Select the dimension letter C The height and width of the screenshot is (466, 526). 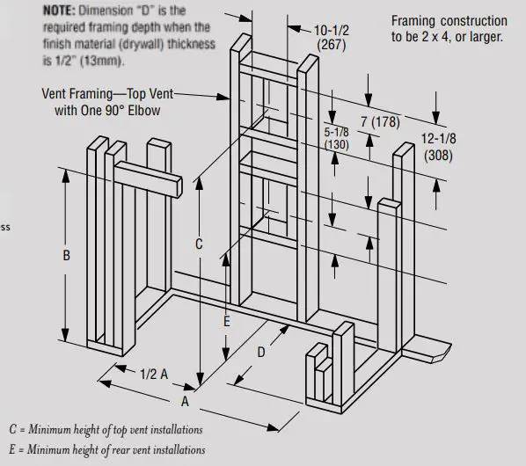click(x=199, y=244)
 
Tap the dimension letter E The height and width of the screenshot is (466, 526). click(x=226, y=322)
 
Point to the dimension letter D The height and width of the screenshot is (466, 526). click(x=260, y=353)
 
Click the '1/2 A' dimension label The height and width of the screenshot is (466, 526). click(x=153, y=373)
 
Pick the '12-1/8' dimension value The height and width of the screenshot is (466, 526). click(x=438, y=140)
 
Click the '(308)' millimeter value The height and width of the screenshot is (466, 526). click(x=438, y=156)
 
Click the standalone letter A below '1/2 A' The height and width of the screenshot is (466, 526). click(x=185, y=402)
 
